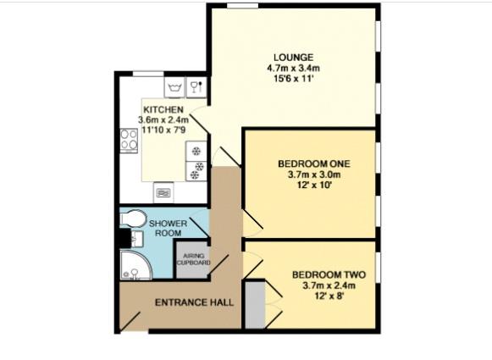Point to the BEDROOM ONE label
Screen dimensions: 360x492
click(313, 163)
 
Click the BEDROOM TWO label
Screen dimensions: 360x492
click(328, 274)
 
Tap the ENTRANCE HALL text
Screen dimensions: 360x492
click(195, 302)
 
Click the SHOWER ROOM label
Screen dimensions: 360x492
click(169, 228)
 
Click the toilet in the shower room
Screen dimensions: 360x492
click(131, 221)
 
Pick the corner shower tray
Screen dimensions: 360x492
click(135, 266)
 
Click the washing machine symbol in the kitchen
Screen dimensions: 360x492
click(176, 86)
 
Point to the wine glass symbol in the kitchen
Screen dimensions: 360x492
click(196, 86)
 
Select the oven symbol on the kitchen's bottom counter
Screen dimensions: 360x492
click(164, 193)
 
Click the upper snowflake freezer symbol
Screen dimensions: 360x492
click(197, 152)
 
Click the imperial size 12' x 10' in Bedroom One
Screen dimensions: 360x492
click(313, 186)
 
